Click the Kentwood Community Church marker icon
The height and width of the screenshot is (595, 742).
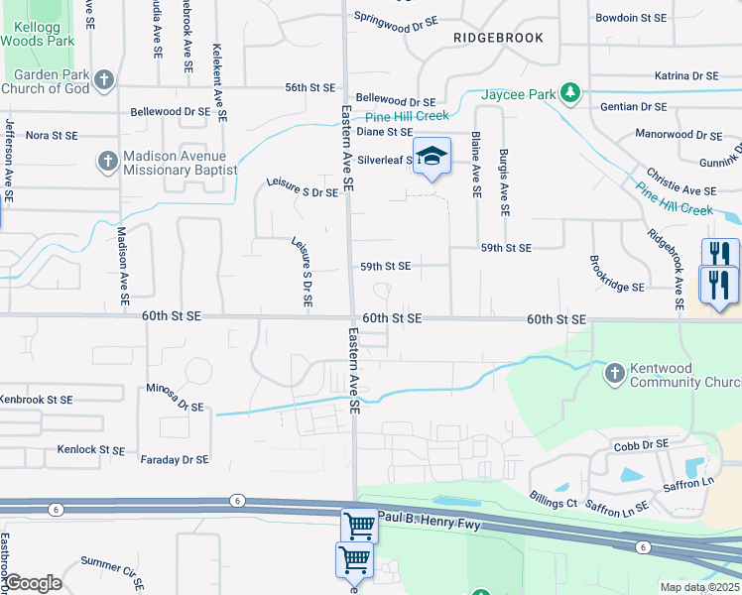(x=614, y=373)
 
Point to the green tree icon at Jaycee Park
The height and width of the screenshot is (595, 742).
(x=569, y=93)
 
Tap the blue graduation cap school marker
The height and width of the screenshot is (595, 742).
(x=432, y=157)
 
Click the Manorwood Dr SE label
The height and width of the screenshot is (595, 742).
(x=677, y=133)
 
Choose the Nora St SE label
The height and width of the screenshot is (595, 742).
(x=51, y=135)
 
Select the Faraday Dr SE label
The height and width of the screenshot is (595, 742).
(x=175, y=459)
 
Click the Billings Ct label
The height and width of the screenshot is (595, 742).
(x=553, y=503)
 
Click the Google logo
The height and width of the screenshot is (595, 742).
(x=32, y=583)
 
